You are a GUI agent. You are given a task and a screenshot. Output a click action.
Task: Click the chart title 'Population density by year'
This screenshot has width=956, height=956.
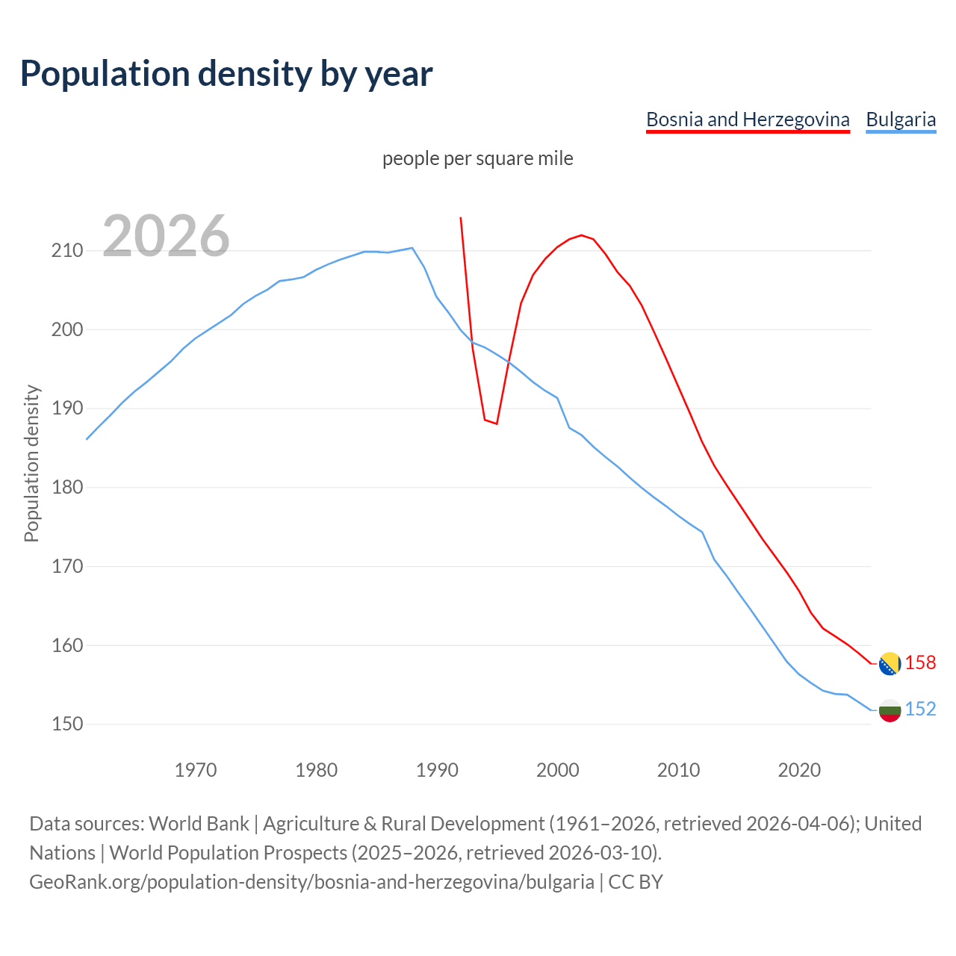tap(226, 74)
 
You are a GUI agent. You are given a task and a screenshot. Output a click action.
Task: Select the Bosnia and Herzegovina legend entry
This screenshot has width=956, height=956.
tap(748, 119)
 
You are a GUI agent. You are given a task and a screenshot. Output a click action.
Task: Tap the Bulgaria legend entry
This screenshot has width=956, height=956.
tap(901, 119)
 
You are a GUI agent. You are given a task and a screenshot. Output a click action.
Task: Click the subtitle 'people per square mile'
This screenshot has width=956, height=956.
tap(478, 158)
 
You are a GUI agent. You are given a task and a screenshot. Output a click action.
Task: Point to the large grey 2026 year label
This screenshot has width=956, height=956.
tap(166, 236)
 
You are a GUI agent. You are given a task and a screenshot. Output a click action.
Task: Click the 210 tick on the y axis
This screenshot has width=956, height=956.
tap(66, 251)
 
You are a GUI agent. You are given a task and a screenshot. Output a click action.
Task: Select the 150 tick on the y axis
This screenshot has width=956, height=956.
tap(66, 724)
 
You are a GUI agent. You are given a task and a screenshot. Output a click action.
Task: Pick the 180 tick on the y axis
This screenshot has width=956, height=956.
tap(66, 488)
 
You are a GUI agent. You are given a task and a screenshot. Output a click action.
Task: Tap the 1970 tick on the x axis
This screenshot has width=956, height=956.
tap(196, 770)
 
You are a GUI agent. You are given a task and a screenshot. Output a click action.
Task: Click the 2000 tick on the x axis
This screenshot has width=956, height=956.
tap(557, 770)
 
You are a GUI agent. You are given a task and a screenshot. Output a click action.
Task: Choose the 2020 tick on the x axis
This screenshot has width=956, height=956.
tap(799, 770)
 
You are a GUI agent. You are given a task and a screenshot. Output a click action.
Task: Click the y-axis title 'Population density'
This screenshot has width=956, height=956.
tap(31, 463)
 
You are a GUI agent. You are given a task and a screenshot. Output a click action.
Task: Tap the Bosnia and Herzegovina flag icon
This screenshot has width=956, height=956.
tap(890, 663)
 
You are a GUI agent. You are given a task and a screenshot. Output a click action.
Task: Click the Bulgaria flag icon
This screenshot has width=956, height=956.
tap(890, 710)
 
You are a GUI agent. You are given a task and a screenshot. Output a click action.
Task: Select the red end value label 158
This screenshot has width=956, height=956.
tap(920, 663)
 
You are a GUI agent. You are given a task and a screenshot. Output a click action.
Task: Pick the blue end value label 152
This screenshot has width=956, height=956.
tap(920, 710)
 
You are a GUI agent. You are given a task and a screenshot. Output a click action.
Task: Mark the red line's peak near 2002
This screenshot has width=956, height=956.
tap(582, 235)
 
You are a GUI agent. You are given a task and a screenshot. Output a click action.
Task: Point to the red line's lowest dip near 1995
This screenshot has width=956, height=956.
tap(497, 423)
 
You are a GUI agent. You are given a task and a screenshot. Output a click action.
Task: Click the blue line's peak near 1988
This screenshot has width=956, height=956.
tap(412, 248)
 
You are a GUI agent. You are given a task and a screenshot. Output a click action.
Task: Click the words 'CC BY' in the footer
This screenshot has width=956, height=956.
tap(636, 882)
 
